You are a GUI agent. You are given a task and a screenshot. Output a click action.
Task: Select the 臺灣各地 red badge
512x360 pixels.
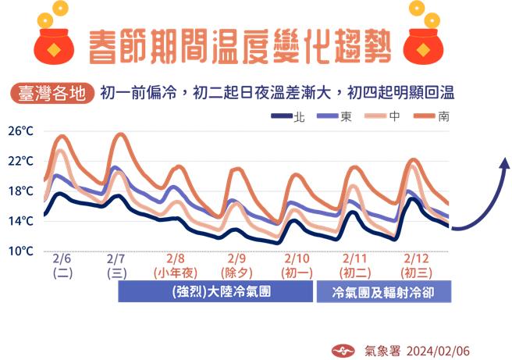51,93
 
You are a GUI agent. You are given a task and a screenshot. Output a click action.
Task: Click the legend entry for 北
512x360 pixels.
286,116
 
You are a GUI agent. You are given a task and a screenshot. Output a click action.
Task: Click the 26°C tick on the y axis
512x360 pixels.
22,131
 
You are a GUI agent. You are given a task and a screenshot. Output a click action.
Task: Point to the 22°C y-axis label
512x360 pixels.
22,161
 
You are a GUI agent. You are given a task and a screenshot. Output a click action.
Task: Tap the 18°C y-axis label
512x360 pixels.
22,191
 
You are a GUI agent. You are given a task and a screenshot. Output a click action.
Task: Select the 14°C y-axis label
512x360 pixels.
22,222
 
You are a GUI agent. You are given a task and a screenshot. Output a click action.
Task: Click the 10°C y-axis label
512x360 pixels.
22,251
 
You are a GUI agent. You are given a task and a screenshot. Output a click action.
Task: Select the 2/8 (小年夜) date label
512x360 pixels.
175,266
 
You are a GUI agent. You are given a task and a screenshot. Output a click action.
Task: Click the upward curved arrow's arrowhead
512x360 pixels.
504,162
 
